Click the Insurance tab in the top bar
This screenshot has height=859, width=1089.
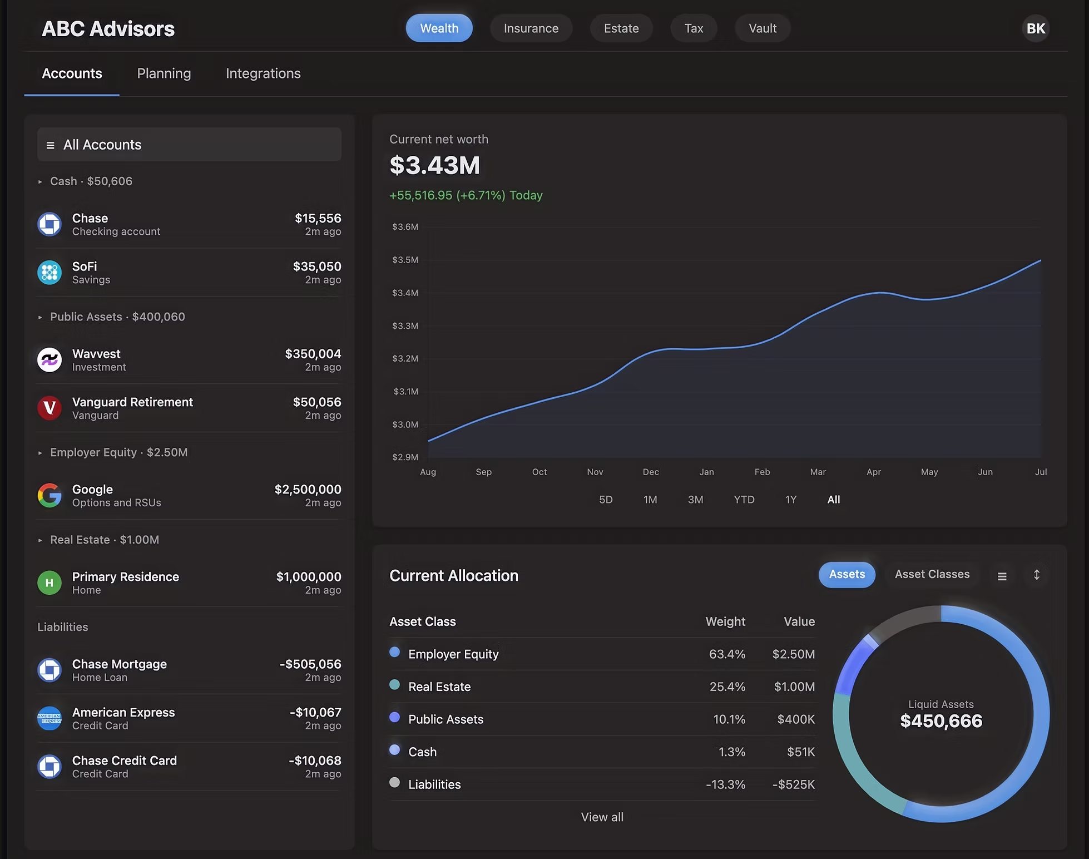point(531,28)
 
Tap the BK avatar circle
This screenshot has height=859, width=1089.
point(1035,28)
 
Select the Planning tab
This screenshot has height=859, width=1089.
point(164,73)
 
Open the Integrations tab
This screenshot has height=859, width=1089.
point(263,73)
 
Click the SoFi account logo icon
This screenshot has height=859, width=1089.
point(49,273)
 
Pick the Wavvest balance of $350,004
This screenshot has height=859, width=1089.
point(313,354)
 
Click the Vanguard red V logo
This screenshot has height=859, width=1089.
point(49,408)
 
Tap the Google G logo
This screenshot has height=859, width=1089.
point(49,495)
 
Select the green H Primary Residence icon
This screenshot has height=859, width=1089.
point(49,582)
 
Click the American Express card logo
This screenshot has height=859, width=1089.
point(49,718)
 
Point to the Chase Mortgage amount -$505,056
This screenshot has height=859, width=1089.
point(310,664)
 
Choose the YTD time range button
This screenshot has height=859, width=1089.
point(744,500)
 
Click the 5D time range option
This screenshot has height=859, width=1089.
point(606,500)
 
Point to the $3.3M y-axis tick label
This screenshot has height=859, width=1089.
point(405,326)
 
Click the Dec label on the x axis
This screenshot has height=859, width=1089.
point(651,472)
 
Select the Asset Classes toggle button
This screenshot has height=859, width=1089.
point(932,574)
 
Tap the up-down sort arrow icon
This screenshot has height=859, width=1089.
point(1036,575)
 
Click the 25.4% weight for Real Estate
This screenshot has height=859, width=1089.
point(727,687)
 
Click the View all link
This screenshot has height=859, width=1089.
point(602,817)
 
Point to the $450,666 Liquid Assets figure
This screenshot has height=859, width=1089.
point(941,721)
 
